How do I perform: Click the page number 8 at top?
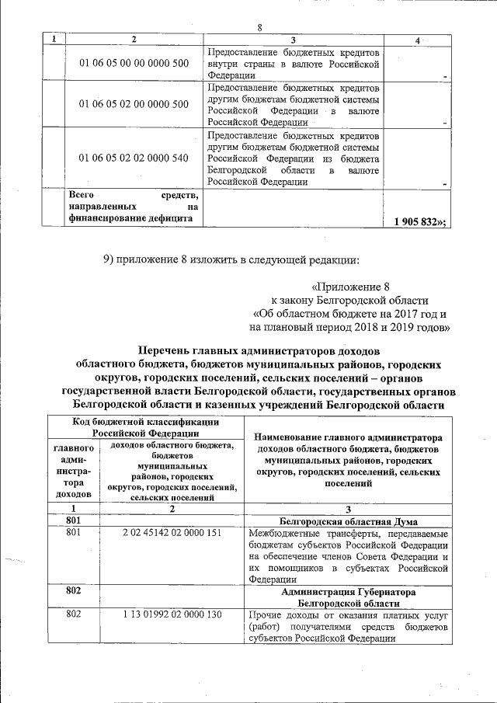[260, 28]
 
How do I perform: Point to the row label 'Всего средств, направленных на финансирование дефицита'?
[134, 207]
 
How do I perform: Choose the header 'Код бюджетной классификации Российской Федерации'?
[144, 426]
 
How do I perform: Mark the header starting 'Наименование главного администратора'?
[346, 460]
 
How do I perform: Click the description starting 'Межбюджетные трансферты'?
[348, 556]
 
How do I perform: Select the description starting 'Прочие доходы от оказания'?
[348, 627]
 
